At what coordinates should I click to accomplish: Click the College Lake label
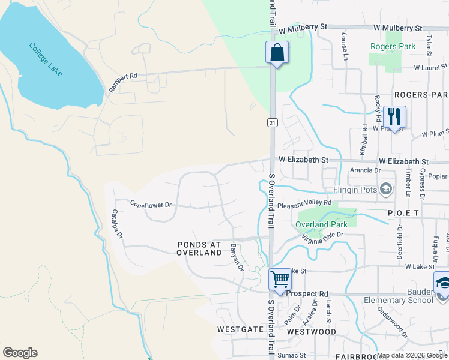(46, 59)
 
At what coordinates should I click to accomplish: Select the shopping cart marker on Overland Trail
(280, 280)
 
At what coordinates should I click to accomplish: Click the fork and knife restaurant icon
(394, 115)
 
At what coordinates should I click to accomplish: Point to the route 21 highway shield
(273, 122)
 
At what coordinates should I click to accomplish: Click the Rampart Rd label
(123, 83)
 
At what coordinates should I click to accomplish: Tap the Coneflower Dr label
(151, 205)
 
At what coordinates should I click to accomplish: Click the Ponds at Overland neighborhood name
(200, 248)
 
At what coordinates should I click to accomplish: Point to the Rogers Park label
(393, 46)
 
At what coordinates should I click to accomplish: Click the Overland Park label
(321, 225)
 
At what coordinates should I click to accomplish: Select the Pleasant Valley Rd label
(304, 203)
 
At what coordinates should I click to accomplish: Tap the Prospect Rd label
(307, 294)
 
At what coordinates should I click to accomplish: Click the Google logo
(20, 353)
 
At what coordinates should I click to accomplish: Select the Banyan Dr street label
(237, 257)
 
